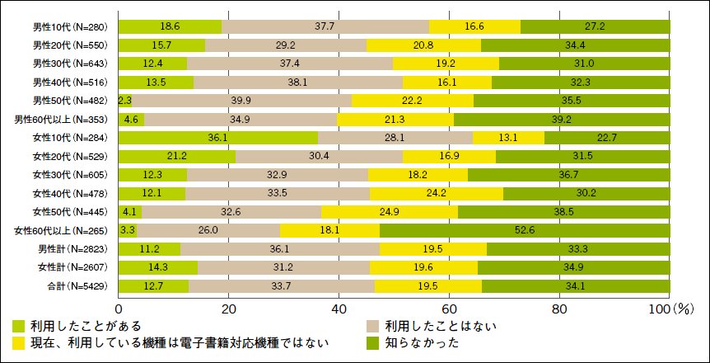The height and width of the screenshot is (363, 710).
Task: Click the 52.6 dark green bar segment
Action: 525,229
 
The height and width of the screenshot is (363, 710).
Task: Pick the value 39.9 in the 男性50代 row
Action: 241,101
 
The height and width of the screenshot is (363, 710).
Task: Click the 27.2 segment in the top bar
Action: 595,27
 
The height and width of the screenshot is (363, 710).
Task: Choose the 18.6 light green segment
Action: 170,27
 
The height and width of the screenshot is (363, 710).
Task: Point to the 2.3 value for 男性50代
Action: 125,101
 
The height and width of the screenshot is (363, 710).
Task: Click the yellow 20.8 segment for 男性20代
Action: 423,45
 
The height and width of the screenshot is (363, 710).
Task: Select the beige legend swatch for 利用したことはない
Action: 371,326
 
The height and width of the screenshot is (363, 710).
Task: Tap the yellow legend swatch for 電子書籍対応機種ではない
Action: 19,341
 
